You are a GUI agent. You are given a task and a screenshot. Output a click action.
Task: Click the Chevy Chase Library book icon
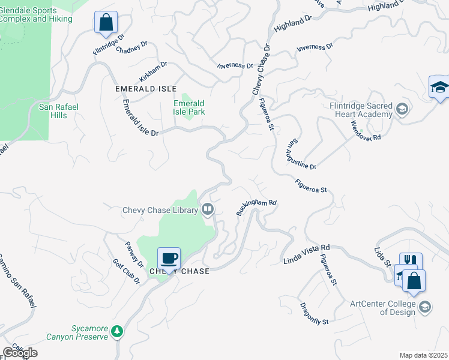(x=208, y=209)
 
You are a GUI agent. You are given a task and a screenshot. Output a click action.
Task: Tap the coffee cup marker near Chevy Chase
(x=168, y=258)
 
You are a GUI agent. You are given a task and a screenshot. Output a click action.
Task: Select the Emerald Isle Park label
(x=189, y=107)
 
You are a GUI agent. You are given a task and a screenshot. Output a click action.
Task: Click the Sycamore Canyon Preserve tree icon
(x=117, y=331)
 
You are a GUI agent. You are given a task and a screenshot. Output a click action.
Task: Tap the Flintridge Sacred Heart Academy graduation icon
(x=401, y=110)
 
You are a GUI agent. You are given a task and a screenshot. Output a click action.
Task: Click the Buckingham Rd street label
(x=256, y=208)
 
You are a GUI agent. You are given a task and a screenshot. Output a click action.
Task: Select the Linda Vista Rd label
(x=307, y=254)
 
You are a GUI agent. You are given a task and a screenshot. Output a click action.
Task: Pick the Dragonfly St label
(x=314, y=314)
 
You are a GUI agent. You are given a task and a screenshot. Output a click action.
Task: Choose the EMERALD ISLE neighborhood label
(x=146, y=89)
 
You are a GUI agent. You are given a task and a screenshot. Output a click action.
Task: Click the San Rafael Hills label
(x=59, y=111)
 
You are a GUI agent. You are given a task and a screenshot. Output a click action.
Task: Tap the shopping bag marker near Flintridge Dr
(x=106, y=23)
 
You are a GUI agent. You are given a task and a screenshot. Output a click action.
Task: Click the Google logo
(x=20, y=352)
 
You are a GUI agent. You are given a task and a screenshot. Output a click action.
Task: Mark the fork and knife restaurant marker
(x=411, y=262)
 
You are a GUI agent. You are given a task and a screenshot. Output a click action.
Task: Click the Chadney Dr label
(x=132, y=47)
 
